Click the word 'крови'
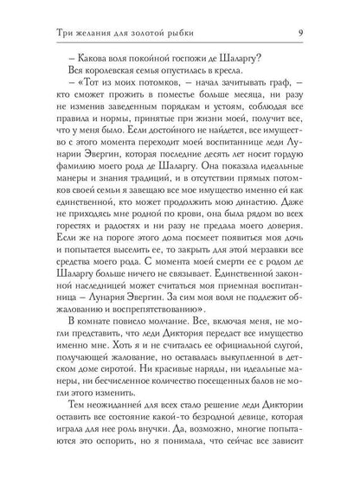[181, 245]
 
